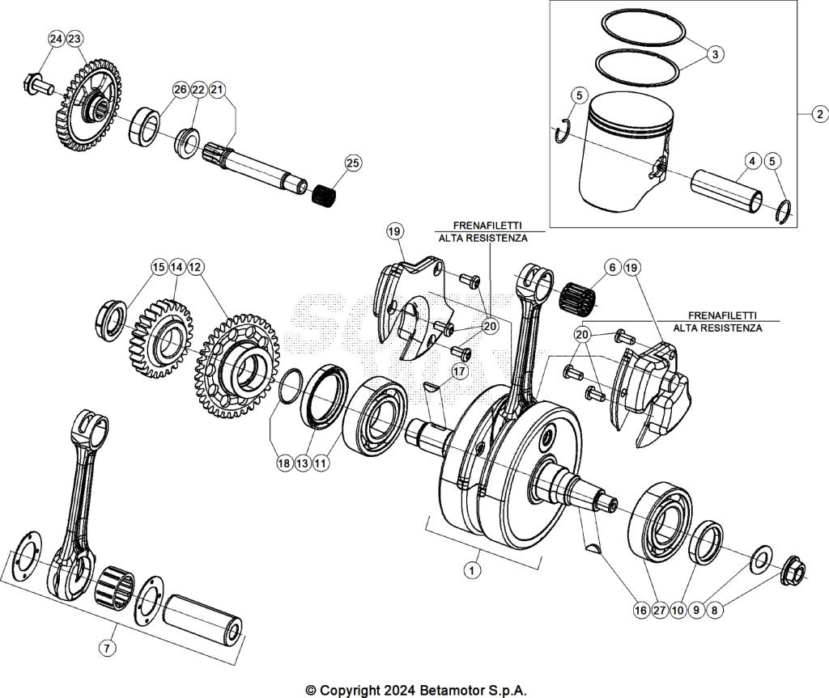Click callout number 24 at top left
[55, 39]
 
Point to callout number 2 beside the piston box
[818, 114]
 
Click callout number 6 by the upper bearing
[611, 267]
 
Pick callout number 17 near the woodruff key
[460, 371]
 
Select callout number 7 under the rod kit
[106, 647]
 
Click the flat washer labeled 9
[761, 558]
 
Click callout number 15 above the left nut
[159, 266]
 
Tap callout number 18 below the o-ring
[283, 463]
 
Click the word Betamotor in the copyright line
[453, 690]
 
